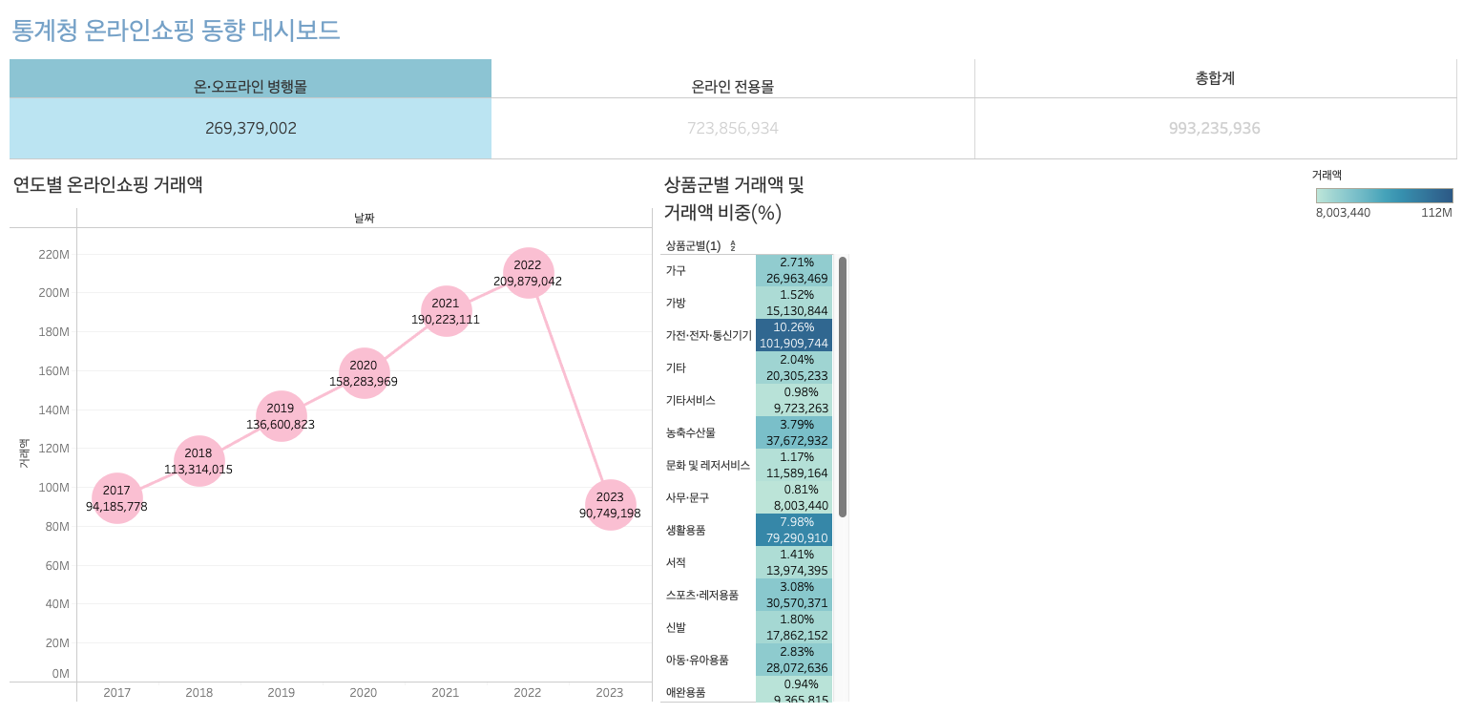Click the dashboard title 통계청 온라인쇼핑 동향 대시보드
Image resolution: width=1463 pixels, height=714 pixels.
176,31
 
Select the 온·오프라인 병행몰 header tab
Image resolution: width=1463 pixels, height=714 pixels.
250,86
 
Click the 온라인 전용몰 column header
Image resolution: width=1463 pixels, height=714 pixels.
732,86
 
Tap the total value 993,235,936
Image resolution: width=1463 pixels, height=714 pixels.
1214,128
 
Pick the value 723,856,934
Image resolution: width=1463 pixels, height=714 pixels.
732,128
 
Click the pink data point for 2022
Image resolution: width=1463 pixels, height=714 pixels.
528,273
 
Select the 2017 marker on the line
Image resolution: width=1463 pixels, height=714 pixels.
116,498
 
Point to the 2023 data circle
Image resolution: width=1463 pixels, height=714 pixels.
610,505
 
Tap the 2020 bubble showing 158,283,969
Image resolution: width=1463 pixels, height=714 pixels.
364,373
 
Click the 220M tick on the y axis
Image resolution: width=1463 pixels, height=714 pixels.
53,255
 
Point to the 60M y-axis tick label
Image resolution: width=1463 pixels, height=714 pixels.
57,566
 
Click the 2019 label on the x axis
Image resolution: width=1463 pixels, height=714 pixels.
282,693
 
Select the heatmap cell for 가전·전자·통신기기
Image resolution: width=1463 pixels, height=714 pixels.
793,335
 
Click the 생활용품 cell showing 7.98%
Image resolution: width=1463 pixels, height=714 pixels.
793,530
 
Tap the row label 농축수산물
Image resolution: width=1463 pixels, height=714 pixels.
690,432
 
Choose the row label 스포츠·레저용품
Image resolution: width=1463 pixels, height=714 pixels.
701,595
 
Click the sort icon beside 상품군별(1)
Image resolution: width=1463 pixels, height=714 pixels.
733,246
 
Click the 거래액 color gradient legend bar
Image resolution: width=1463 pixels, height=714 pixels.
1384,196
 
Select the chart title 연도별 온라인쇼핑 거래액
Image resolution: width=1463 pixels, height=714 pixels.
108,185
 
